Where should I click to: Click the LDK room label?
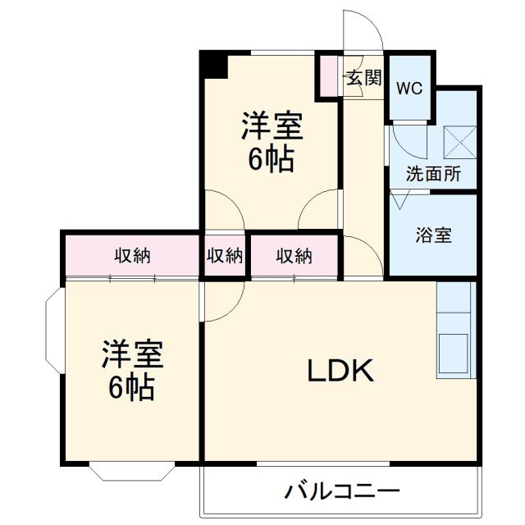340,372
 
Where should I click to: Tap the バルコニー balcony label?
342,492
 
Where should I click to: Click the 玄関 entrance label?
363,78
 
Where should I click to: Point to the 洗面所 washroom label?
433,174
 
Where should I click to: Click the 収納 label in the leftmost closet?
132,256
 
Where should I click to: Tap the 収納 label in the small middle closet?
224,256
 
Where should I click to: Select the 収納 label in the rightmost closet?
294,256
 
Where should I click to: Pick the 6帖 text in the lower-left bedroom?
132,388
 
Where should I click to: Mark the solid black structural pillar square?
215,65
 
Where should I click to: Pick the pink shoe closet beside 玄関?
329,75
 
